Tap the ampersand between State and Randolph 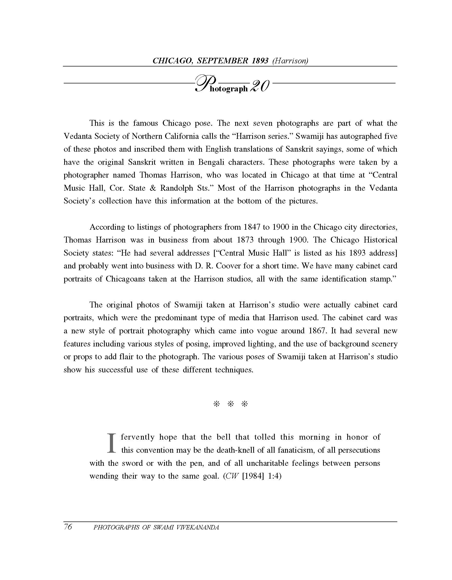tap(153, 188)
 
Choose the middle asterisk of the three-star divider tap(231, 404)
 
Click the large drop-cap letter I tap(112, 443)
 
